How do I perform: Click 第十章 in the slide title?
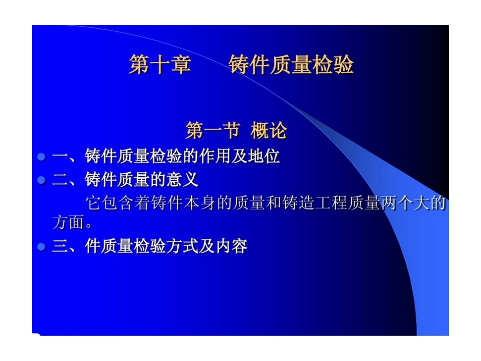coord(159,65)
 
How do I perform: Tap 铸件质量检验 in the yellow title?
coord(291,65)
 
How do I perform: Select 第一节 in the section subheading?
coord(212,131)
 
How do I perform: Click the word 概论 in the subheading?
coord(269,131)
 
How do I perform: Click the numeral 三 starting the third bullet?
coord(60,247)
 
